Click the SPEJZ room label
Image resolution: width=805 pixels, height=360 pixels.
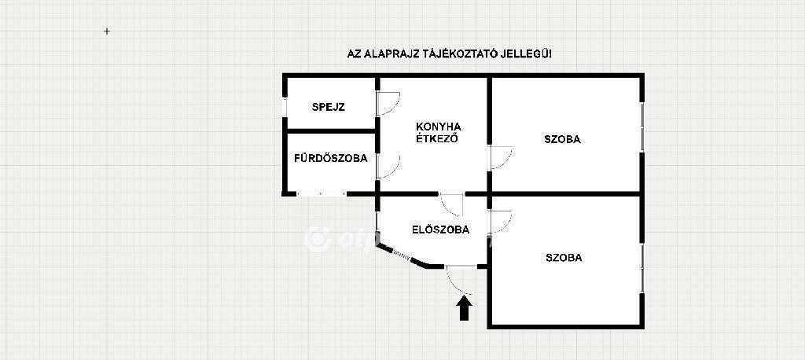(328, 108)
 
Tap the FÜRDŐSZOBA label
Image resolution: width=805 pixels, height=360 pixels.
(331, 158)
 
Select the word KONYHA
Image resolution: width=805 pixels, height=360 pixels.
(439, 127)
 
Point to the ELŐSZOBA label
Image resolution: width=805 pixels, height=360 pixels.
(440, 230)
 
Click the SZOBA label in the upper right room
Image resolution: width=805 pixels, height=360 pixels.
(563, 139)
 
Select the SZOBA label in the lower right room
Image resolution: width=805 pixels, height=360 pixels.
(564, 258)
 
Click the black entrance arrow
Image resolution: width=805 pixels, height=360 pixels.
(464, 308)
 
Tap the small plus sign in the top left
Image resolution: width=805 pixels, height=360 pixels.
(107, 31)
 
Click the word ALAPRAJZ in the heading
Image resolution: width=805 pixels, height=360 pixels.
(387, 54)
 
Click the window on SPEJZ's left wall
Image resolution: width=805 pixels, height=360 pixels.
(285, 107)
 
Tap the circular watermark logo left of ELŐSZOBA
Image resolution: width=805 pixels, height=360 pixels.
(317, 239)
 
